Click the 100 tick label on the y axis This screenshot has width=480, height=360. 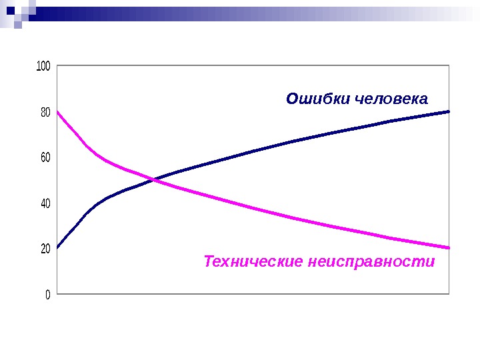coord(43,66)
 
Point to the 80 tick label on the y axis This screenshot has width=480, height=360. coord(45,112)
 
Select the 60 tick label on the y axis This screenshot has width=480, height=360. coord(45,157)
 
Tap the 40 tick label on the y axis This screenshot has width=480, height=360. coord(45,203)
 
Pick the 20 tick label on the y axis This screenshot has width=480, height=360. coord(45,249)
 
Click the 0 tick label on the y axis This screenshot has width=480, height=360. coord(48,294)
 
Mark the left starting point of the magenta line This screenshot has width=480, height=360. coord(57,111)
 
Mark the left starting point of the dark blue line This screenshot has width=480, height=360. coord(57,248)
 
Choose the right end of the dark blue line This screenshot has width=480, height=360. coord(449,111)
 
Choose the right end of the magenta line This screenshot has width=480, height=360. coord(449,248)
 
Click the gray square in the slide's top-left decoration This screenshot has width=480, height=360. coord(18,25)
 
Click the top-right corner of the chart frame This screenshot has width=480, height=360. coord(450,65)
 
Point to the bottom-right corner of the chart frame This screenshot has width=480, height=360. coord(450,293)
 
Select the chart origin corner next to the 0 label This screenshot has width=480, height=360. coord(57,293)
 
